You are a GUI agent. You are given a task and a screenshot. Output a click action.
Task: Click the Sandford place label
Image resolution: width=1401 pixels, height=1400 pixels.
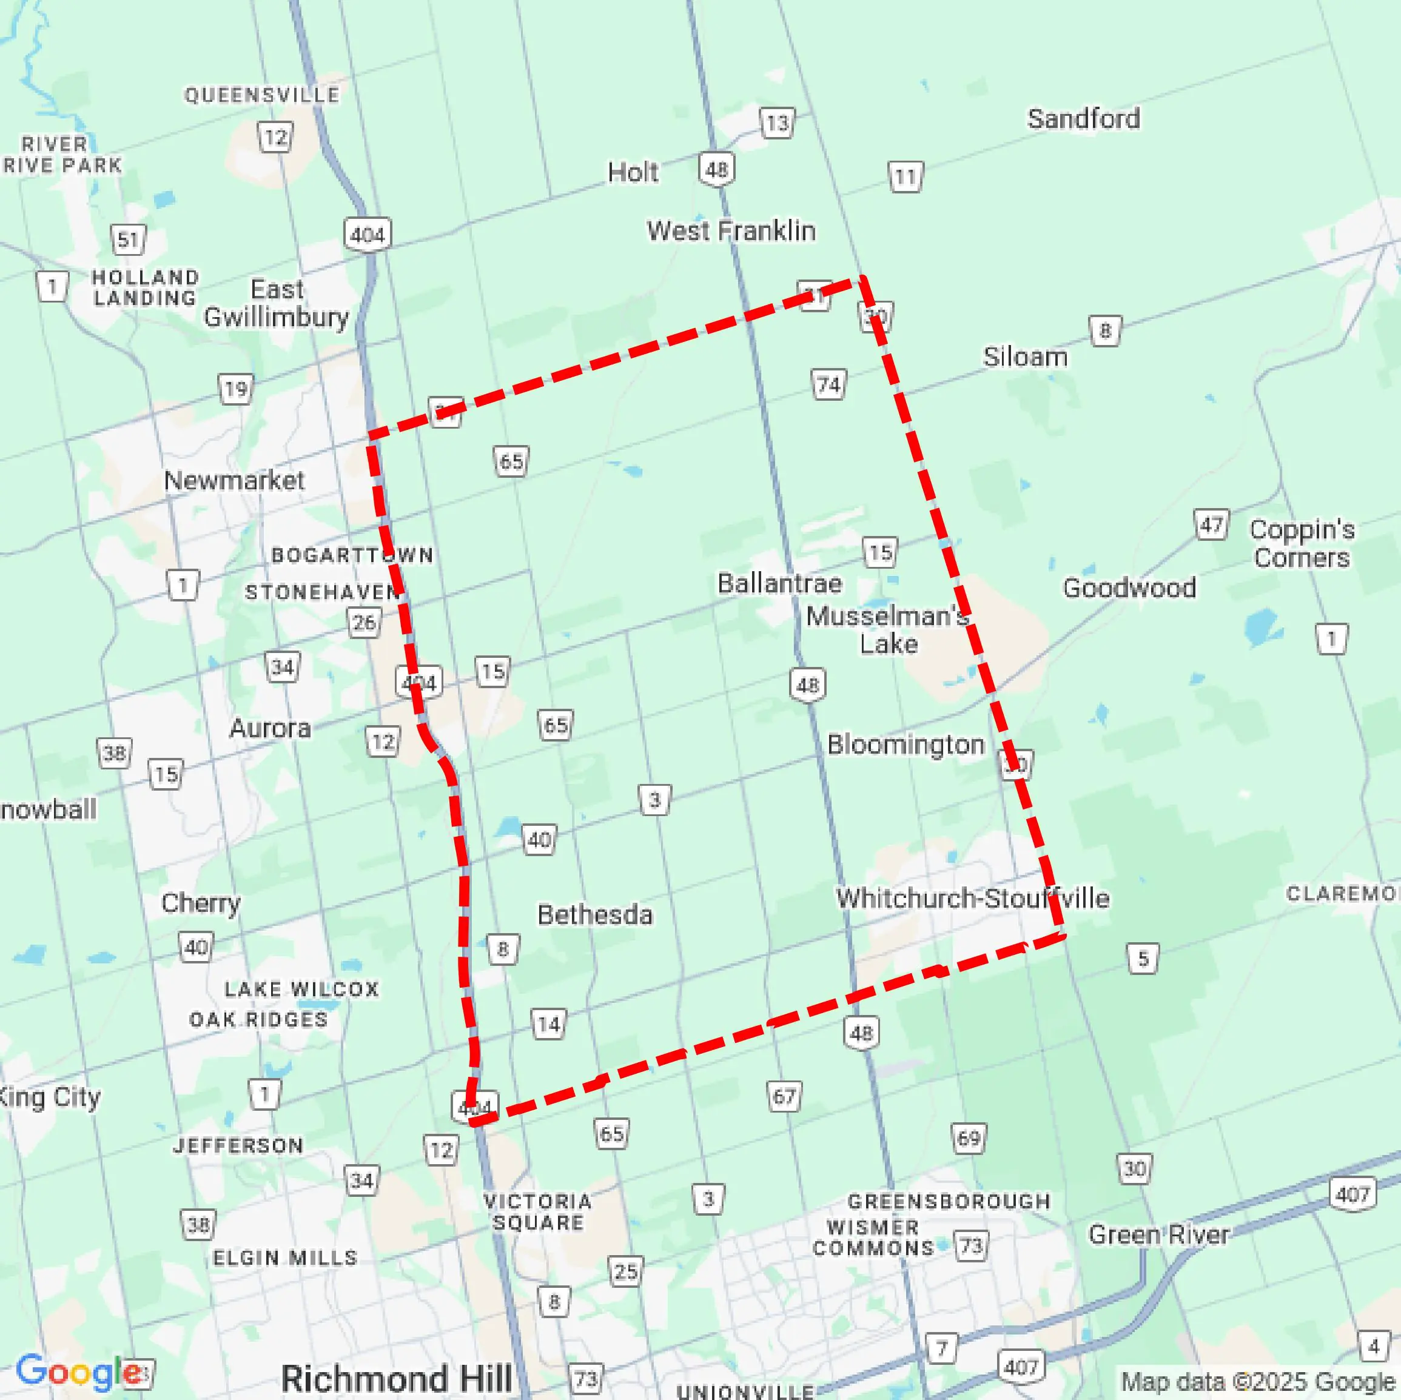point(1083,119)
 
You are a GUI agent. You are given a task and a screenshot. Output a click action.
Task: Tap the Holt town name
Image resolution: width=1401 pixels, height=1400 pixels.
point(633,173)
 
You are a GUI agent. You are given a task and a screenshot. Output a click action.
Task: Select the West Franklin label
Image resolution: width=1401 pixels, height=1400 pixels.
point(731,230)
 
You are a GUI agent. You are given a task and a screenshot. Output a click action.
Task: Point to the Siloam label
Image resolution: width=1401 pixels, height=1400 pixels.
point(1024,357)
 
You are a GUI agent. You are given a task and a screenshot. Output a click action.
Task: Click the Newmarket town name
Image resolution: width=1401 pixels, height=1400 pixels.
point(233,480)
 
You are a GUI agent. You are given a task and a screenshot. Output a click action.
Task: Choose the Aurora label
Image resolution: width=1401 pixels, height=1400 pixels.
point(270,728)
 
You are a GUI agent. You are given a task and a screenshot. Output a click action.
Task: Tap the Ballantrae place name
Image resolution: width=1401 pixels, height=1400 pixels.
point(779,583)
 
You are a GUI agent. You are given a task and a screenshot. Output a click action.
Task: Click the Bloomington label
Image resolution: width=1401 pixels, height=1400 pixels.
point(905,745)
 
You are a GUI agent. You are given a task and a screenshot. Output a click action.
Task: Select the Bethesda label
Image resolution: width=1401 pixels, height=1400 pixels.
point(594,914)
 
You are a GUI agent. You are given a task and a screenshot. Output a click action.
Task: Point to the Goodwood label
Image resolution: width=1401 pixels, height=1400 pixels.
point(1129,588)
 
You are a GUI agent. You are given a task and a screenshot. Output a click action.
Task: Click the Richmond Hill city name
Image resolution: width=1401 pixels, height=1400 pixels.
point(396,1378)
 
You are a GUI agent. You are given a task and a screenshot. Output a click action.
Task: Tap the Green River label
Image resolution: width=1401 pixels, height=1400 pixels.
point(1158,1234)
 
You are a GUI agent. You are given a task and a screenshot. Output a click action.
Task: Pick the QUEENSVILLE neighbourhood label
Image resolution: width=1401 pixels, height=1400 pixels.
point(262,95)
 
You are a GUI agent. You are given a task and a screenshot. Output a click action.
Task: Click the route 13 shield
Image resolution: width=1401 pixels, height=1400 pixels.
point(777,122)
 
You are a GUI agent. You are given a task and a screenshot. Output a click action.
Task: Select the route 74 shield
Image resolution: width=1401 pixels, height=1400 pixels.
point(828,384)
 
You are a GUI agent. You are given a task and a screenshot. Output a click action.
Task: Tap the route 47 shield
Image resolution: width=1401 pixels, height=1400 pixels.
point(1211,524)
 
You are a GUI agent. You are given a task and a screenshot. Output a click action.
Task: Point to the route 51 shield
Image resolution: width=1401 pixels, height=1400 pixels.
point(129,239)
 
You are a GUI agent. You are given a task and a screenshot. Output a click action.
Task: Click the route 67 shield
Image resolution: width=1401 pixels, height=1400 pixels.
point(784,1096)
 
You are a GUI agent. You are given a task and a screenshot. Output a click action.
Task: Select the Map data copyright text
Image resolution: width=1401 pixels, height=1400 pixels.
point(1258,1382)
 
